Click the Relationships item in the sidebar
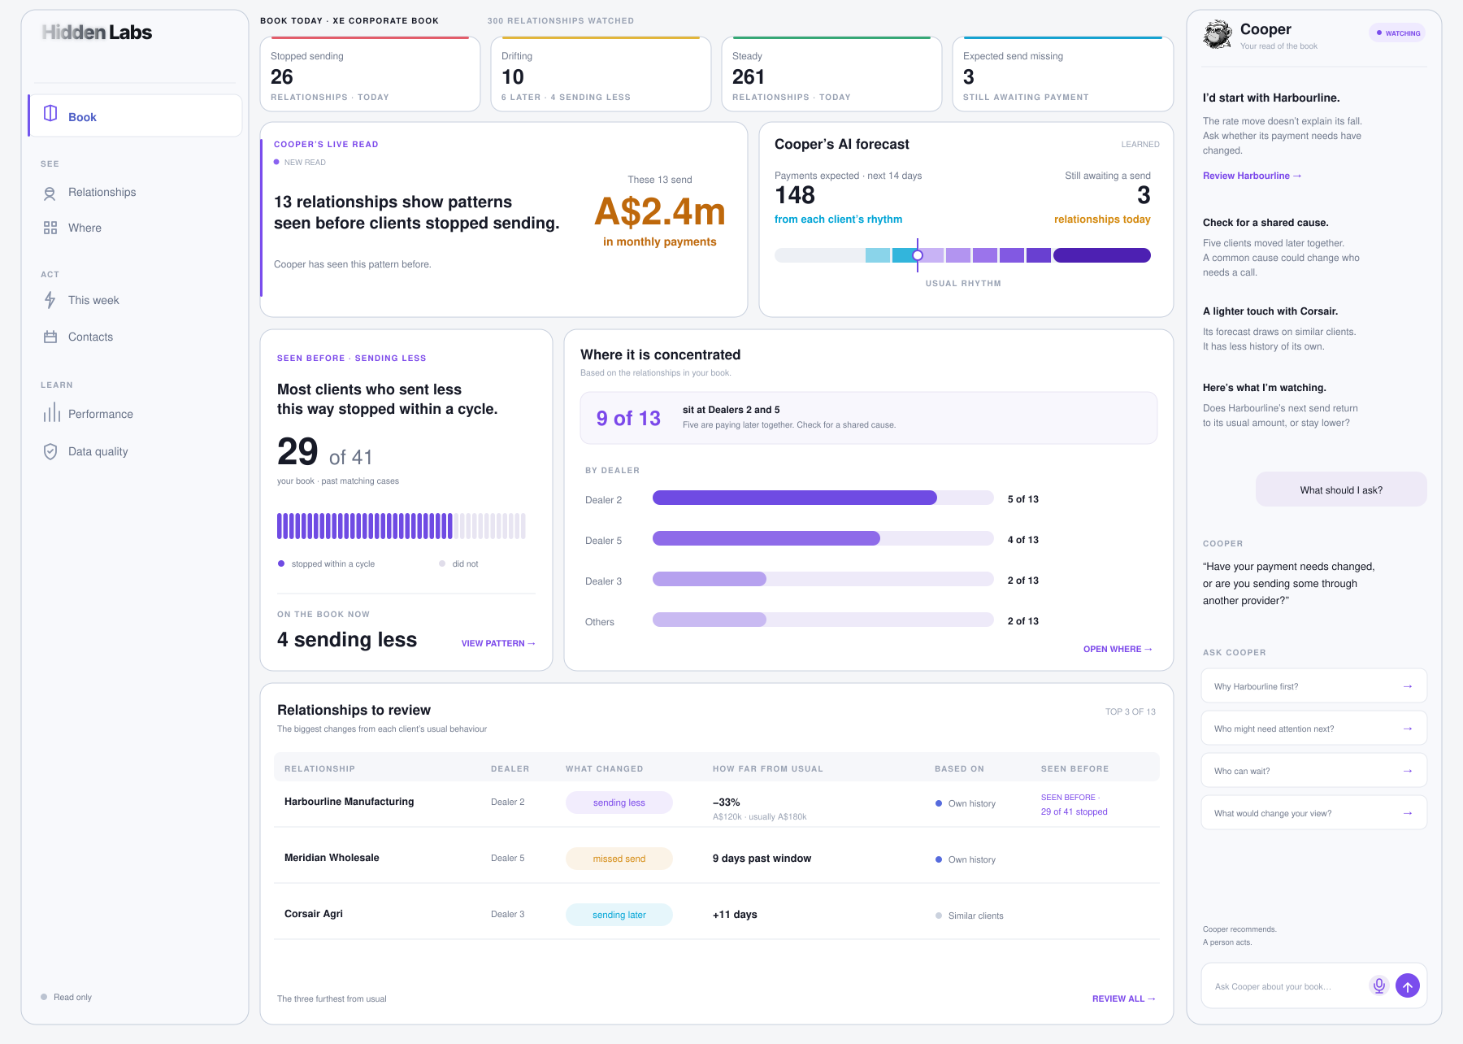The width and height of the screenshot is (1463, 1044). [x=102, y=193]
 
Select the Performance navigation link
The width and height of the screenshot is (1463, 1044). [x=100, y=414]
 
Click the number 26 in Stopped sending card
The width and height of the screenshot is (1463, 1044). [x=282, y=77]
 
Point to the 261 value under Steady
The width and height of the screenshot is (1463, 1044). [x=749, y=77]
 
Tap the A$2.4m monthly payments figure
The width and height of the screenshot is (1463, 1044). [x=660, y=212]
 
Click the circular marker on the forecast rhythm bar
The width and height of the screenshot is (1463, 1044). [x=918, y=255]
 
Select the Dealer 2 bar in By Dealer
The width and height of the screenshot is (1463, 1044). [x=795, y=498]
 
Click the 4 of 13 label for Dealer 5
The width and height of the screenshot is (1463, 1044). [x=1023, y=540]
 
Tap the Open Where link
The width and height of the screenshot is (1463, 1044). [x=1118, y=649]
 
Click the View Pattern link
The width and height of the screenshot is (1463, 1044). [x=498, y=643]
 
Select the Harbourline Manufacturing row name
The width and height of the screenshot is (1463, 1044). [x=349, y=802]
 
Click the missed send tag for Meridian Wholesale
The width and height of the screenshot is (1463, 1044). [x=619, y=859]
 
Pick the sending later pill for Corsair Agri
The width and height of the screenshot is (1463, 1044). [x=619, y=915]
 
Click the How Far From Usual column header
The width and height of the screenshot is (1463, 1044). [x=768, y=768]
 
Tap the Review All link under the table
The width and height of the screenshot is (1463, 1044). [x=1124, y=998]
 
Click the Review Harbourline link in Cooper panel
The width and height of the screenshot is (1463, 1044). [x=1252, y=176]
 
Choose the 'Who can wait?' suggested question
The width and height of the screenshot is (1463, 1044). [x=1314, y=771]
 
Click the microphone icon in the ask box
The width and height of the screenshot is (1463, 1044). [x=1379, y=985]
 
